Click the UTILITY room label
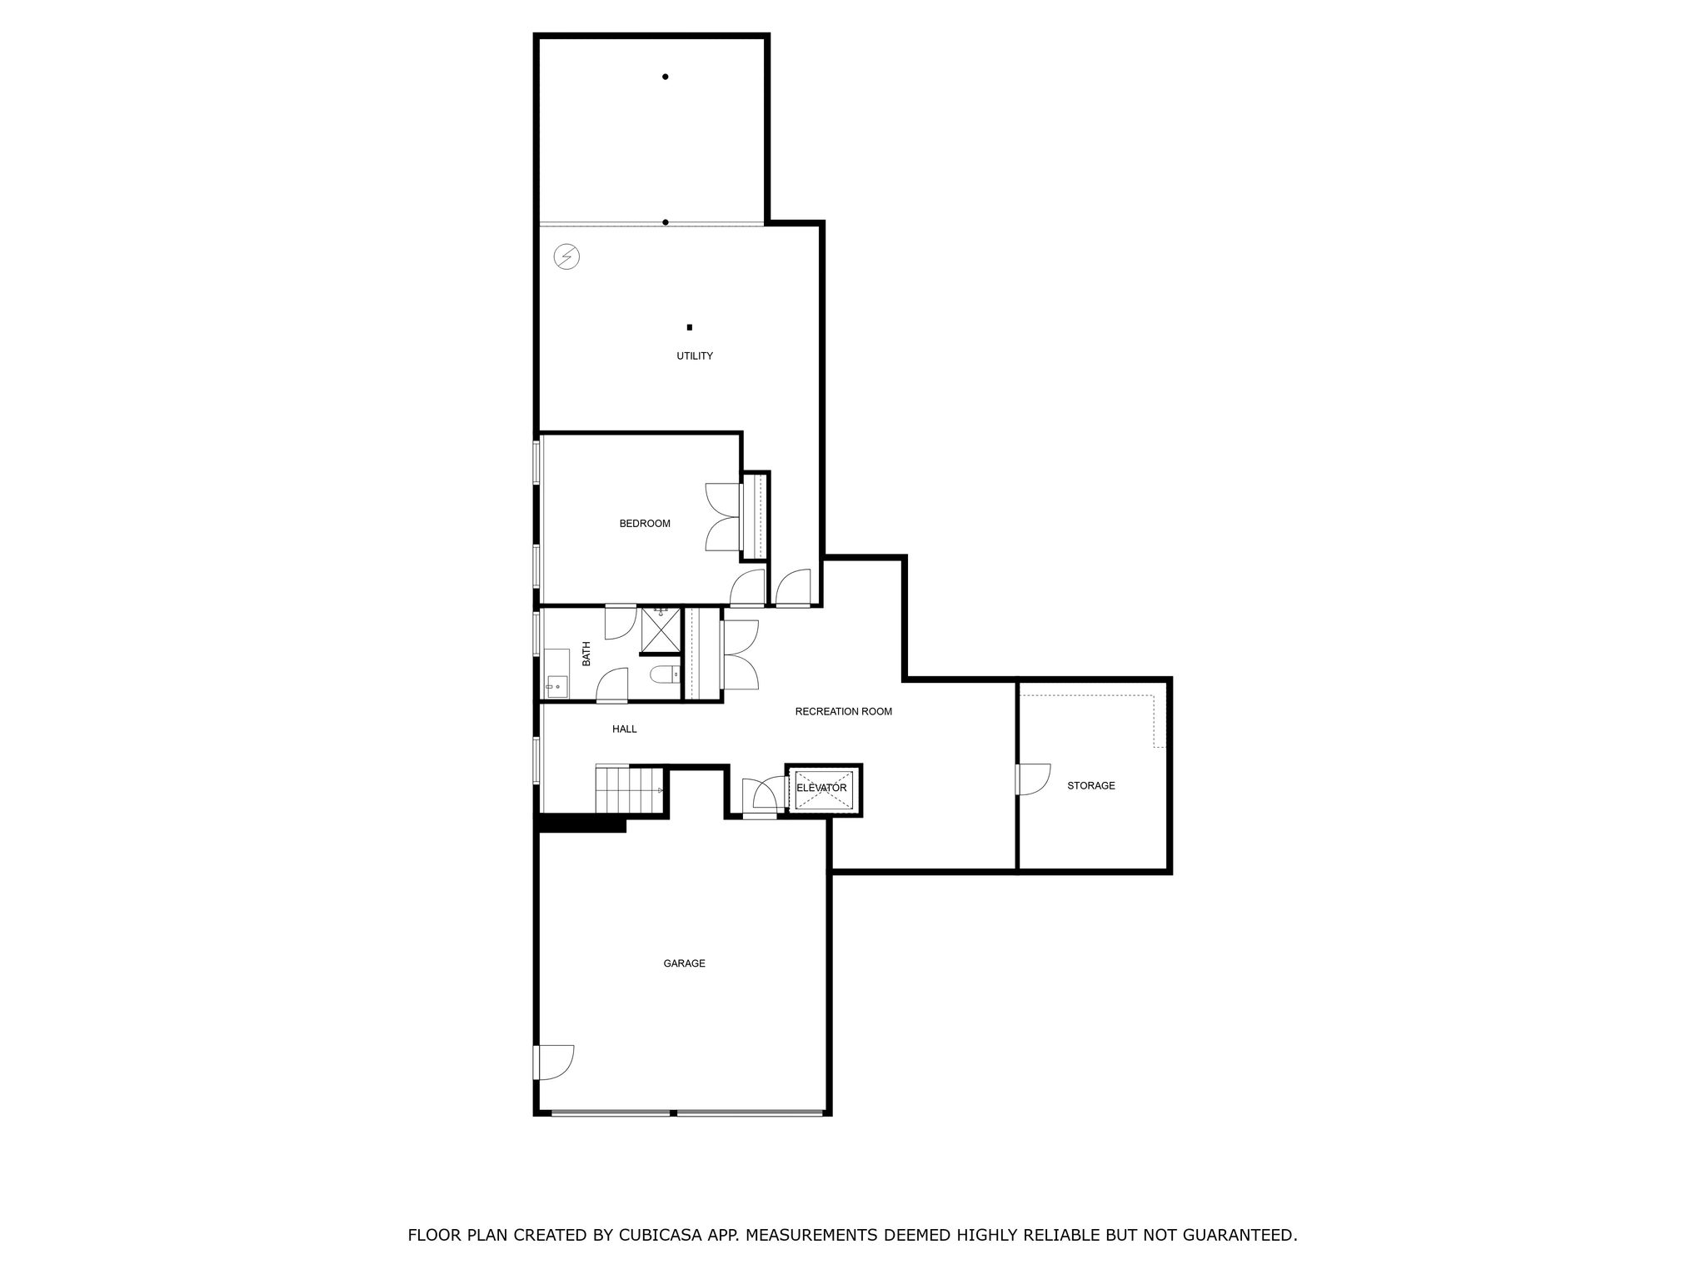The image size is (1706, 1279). [x=694, y=356]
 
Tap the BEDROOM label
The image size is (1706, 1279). [x=645, y=524]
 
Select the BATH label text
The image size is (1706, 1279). [x=586, y=653]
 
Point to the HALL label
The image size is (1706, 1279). [x=625, y=729]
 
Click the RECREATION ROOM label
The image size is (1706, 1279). [x=844, y=712]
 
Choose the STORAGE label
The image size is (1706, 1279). [x=1091, y=786]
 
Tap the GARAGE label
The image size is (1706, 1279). [x=685, y=963]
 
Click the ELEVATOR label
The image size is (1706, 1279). [x=821, y=788]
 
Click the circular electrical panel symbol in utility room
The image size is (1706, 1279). [x=567, y=256]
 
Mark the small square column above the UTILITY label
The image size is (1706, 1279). [x=690, y=327]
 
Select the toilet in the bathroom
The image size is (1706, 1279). [x=664, y=674]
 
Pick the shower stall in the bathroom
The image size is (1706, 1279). [x=661, y=630]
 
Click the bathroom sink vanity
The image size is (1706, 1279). [x=556, y=674]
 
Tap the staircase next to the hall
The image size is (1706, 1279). [x=629, y=789]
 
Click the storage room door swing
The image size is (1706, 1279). [x=1034, y=779]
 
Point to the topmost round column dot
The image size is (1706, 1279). [x=666, y=77]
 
